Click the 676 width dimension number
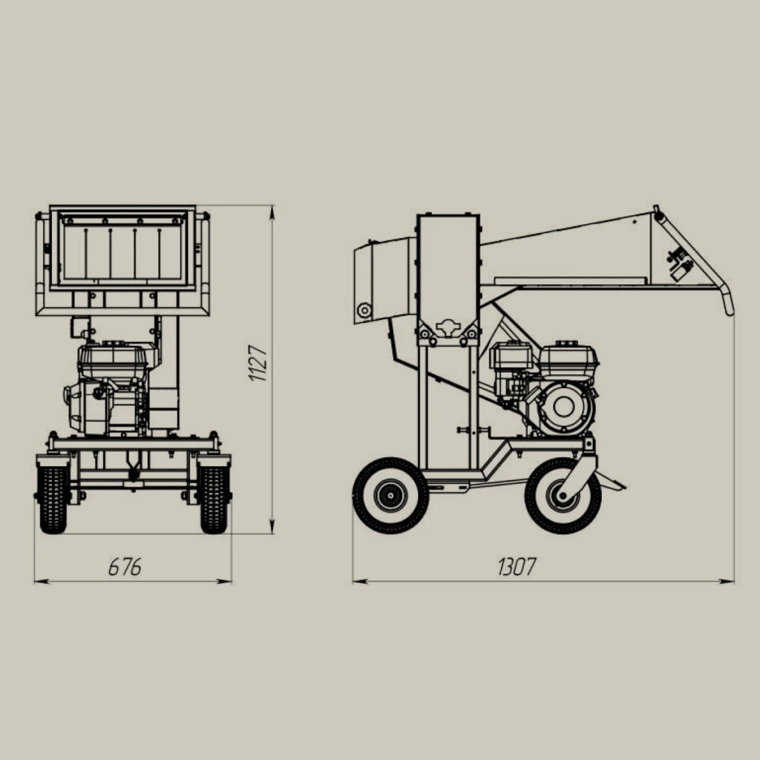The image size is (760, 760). pyautogui.click(x=125, y=566)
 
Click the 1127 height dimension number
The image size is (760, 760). pyautogui.click(x=258, y=362)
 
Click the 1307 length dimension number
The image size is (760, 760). pyautogui.click(x=517, y=566)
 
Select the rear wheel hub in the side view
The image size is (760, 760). pyautogui.click(x=390, y=495)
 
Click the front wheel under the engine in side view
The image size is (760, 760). pyautogui.click(x=563, y=495)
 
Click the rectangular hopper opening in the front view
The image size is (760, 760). pyautogui.click(x=122, y=248)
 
